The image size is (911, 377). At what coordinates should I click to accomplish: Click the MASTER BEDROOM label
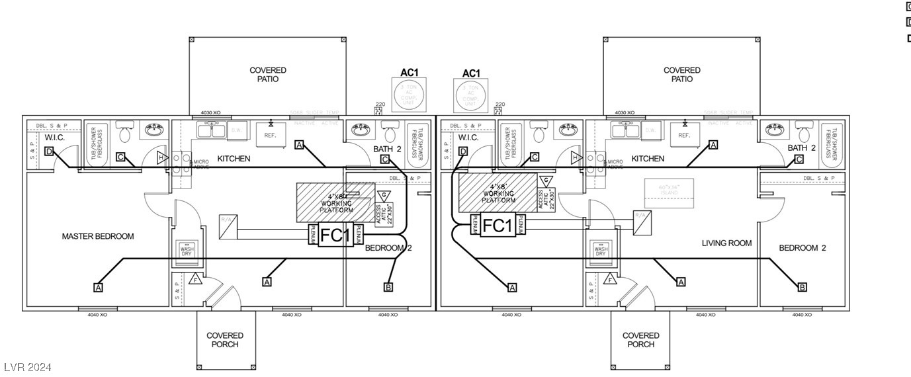coord(98,236)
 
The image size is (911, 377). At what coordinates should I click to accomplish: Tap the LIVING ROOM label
coord(727,243)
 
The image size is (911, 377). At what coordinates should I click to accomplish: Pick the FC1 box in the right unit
coord(498,226)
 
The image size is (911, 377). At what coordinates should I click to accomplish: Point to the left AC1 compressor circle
coord(410,95)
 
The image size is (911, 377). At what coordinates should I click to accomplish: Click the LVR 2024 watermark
coord(27,367)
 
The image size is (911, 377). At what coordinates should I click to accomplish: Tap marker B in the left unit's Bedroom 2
coord(388,287)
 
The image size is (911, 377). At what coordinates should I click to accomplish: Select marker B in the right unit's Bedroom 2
coord(803,287)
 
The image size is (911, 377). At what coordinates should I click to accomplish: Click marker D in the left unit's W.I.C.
coord(49,151)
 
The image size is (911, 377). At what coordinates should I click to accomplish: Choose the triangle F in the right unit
coord(610,280)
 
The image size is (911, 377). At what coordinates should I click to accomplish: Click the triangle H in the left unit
coord(161,157)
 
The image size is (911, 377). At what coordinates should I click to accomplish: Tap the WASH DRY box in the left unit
coord(186,252)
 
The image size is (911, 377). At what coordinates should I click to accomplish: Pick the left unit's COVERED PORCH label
coord(225,340)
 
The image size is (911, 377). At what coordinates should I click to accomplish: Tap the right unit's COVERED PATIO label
coord(682,75)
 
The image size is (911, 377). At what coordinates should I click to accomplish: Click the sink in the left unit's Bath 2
coord(361,129)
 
